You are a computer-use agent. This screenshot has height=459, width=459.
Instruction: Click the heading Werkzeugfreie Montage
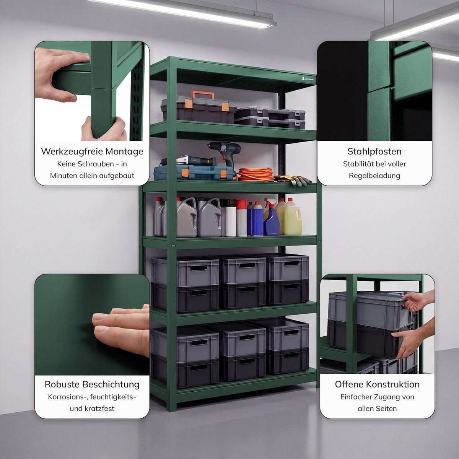[92, 151]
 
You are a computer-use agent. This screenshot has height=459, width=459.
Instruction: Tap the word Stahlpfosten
[374, 151]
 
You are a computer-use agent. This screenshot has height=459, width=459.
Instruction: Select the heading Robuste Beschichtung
[92, 384]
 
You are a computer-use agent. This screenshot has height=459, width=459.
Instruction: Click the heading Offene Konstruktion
[377, 384]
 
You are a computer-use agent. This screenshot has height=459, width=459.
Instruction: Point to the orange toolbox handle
[202, 94]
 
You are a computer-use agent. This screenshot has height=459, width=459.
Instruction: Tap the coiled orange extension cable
[256, 174]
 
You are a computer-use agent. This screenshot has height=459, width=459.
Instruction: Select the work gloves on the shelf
[293, 180]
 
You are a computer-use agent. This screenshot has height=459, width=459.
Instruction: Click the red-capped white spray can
[241, 218]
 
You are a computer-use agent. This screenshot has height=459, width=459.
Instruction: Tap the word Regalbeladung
[374, 176]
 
